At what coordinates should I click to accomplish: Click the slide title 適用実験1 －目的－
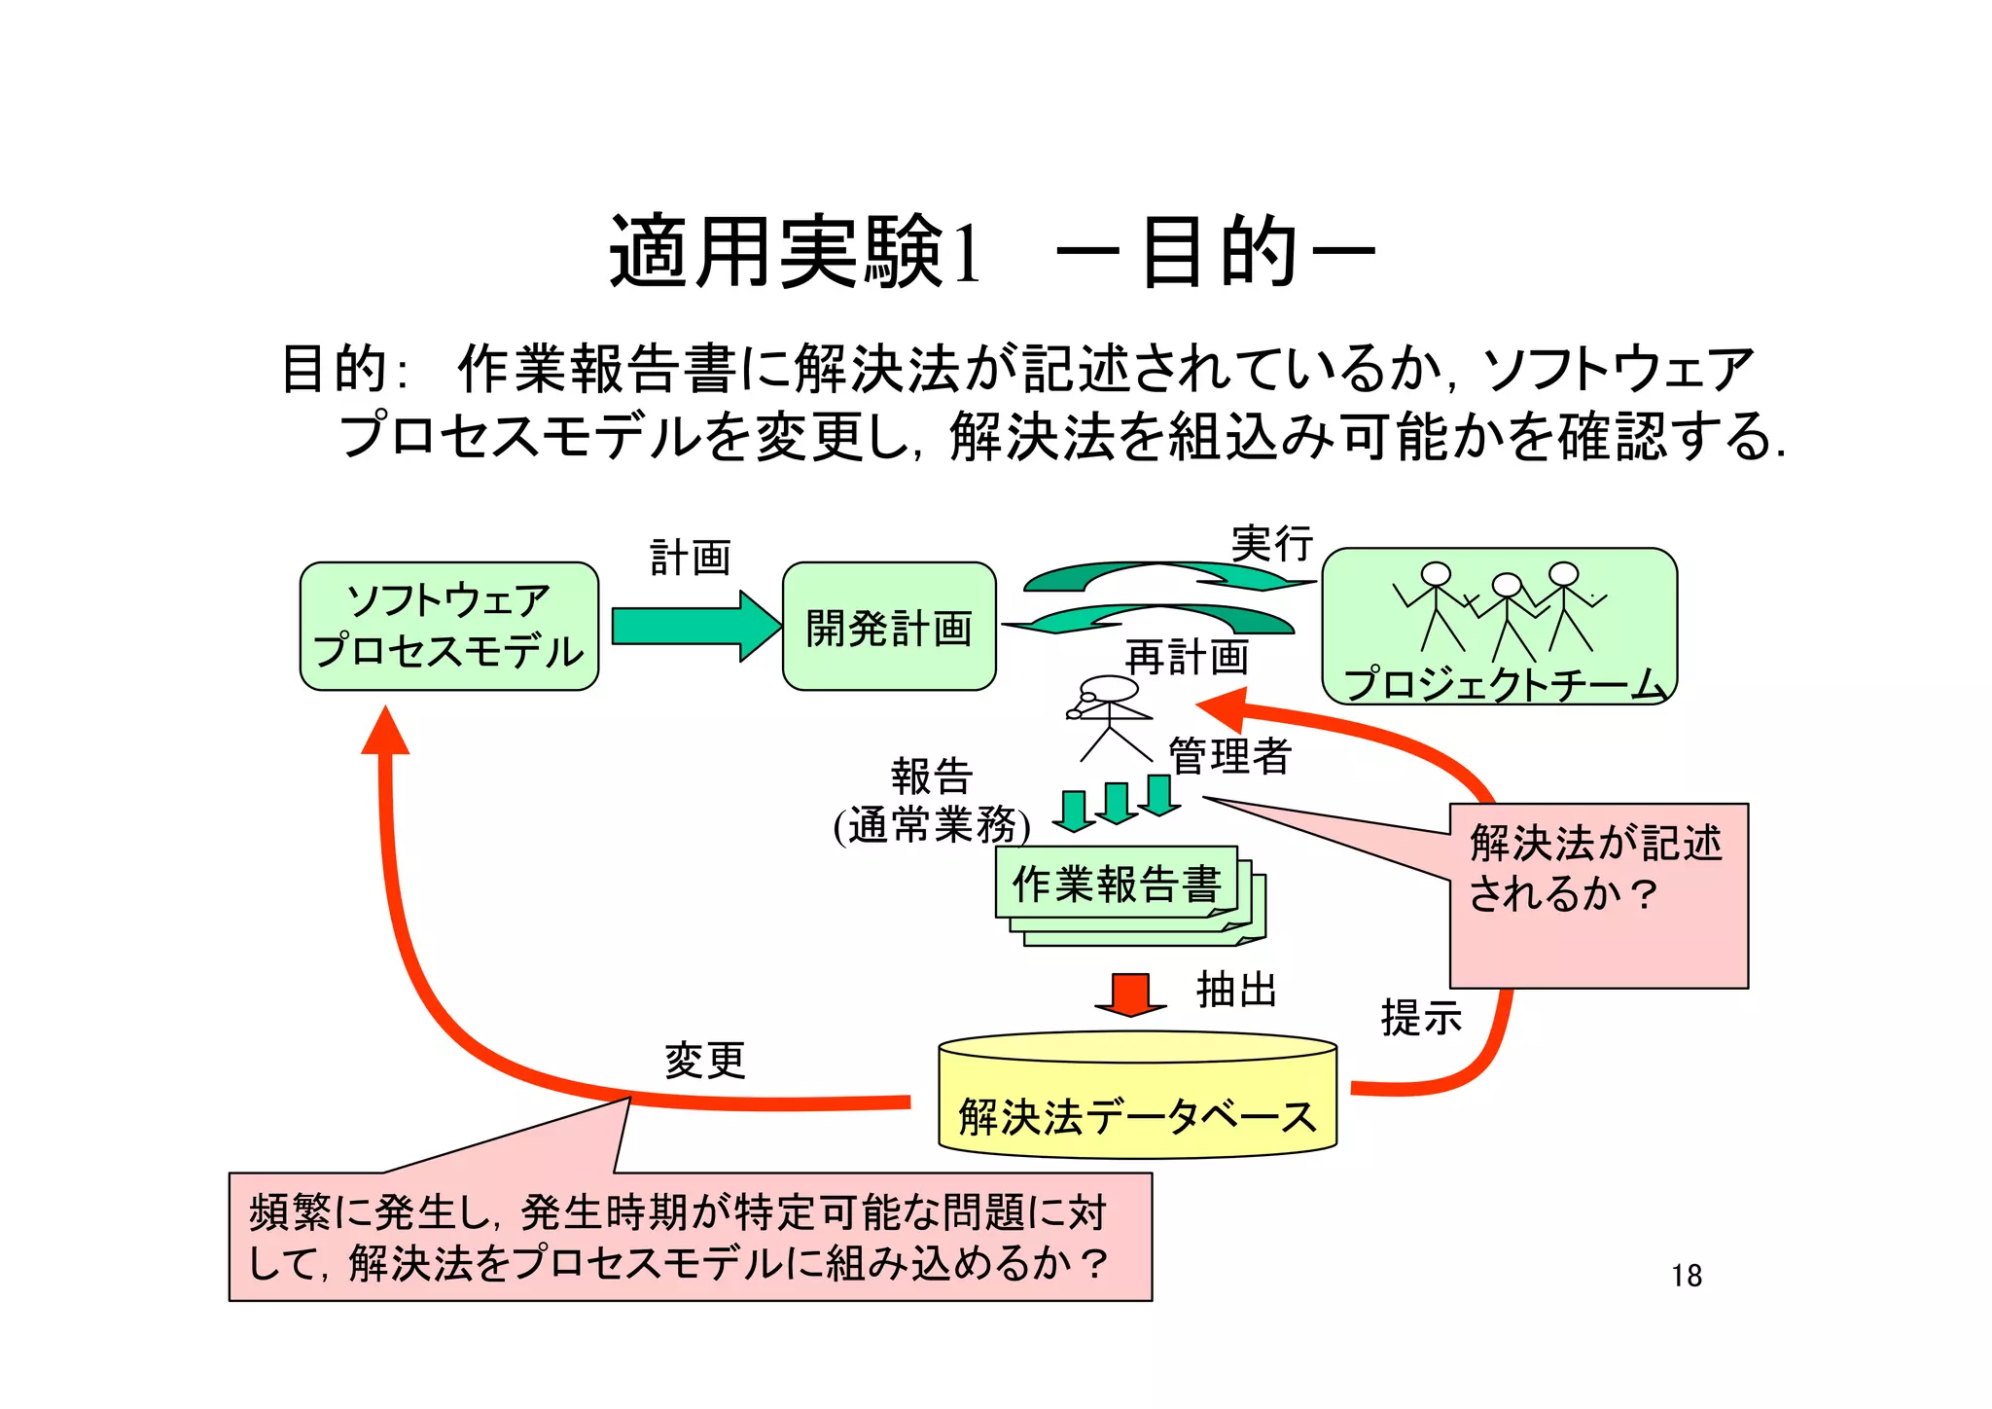[992, 253]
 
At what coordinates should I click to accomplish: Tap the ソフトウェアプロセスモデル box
[448, 626]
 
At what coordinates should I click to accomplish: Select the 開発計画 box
[888, 628]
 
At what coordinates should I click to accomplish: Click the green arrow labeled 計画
[694, 626]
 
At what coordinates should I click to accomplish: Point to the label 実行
[1271, 543]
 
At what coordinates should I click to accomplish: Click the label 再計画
[1187, 658]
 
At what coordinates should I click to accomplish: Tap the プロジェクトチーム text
[1503, 683]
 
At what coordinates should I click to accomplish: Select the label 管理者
[1229, 756]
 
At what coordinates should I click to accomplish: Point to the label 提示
[1421, 1018]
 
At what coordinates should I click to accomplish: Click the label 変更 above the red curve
[704, 1060]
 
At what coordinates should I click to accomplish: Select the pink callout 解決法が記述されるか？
[1598, 895]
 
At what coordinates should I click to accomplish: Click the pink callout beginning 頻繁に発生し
[689, 1237]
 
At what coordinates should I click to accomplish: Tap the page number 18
[1687, 1276]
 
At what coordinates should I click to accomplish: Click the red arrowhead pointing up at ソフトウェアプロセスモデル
[385, 732]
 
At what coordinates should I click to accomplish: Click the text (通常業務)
[931, 826]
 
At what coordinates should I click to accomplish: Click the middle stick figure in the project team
[1506, 613]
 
